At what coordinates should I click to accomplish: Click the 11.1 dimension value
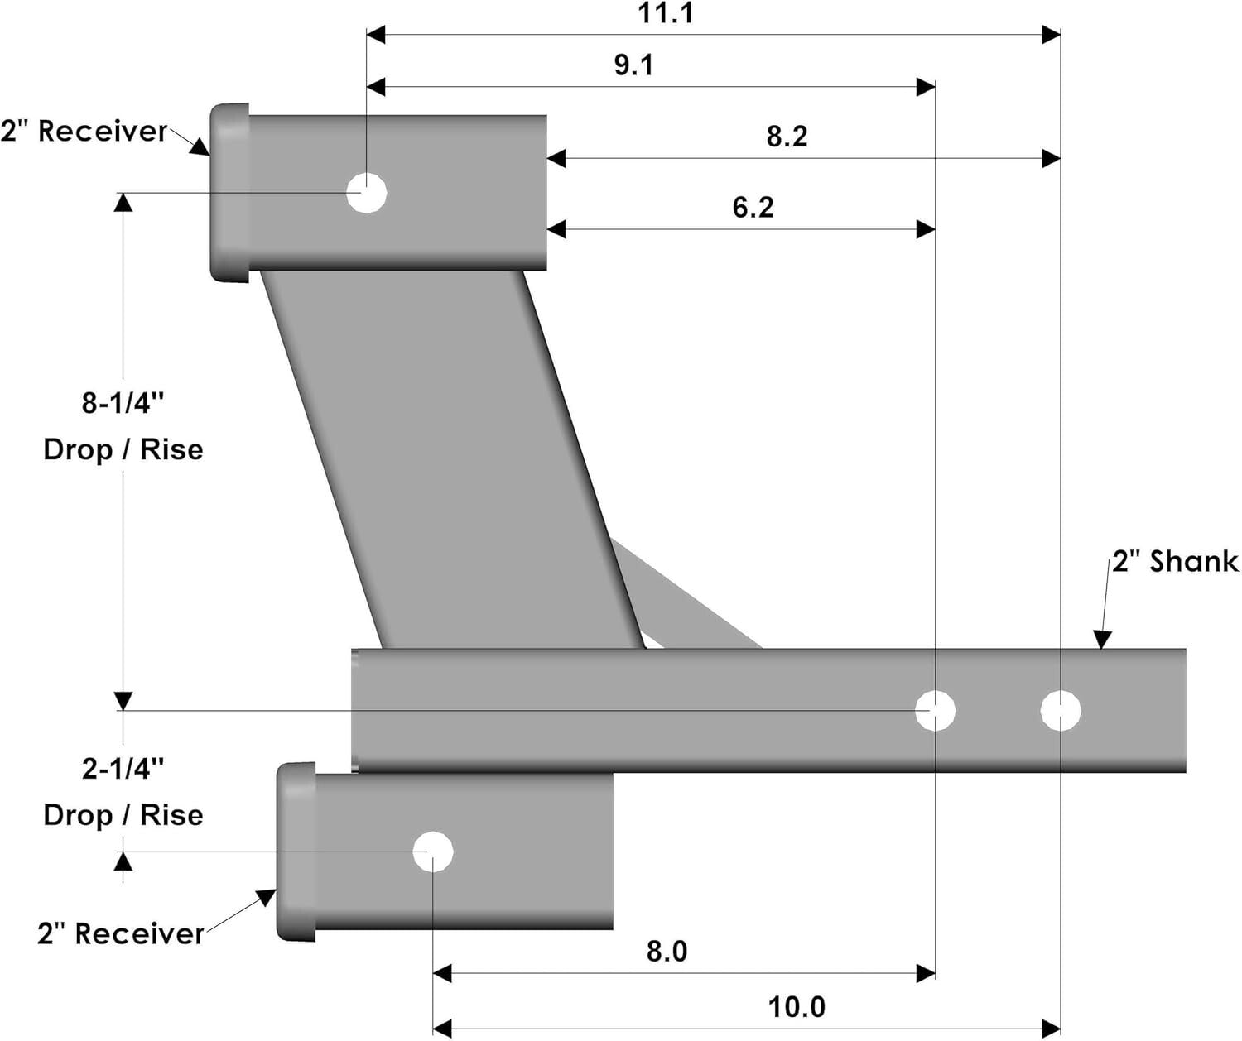click(x=666, y=13)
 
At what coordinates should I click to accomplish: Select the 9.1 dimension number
click(x=633, y=65)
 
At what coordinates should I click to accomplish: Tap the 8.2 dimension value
click(x=786, y=137)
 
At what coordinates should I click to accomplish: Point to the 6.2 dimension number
click(x=753, y=207)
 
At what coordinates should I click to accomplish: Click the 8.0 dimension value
click(x=667, y=952)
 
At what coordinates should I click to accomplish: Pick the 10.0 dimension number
click(x=797, y=1007)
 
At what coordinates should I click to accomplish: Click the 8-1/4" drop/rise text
click(x=123, y=426)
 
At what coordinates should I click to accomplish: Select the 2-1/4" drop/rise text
click(x=123, y=792)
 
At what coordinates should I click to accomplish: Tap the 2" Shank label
click(x=1174, y=562)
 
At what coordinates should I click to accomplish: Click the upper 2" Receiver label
click(x=84, y=131)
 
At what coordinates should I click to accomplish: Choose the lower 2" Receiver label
click(x=120, y=933)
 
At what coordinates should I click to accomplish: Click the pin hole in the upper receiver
click(x=366, y=193)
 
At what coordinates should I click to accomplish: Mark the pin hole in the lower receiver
click(x=433, y=852)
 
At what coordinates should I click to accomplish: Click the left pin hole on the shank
click(x=935, y=710)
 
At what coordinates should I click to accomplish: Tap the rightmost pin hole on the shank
click(x=1060, y=710)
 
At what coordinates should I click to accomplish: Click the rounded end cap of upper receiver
click(x=229, y=193)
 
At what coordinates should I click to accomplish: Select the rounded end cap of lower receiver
click(x=296, y=852)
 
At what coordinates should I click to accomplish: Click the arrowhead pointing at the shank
click(x=1101, y=640)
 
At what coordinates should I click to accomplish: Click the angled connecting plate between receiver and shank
click(x=451, y=459)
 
